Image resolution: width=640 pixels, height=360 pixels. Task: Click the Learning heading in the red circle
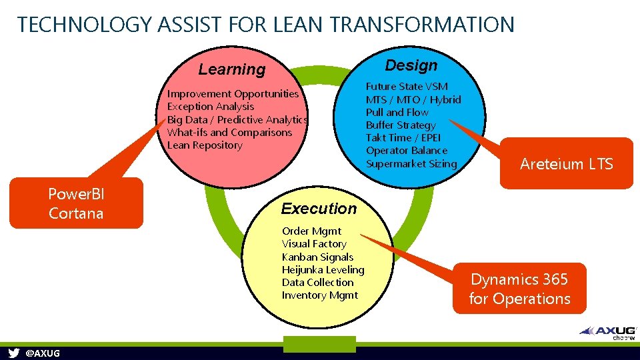click(x=232, y=69)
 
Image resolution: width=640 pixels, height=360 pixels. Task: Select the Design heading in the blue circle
click(x=411, y=65)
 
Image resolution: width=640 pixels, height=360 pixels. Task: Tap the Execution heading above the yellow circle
click(x=319, y=209)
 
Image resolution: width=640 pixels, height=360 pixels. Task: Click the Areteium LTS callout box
click(x=566, y=164)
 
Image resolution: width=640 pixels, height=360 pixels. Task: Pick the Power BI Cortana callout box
click(x=76, y=204)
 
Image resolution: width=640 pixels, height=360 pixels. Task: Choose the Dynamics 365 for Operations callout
click(x=519, y=289)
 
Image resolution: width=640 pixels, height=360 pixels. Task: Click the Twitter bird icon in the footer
click(x=13, y=353)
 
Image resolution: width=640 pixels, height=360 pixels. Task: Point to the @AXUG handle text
click(x=42, y=353)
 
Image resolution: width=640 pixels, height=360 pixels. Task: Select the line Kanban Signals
click(x=317, y=257)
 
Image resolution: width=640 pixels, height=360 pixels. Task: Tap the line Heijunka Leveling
click(x=323, y=269)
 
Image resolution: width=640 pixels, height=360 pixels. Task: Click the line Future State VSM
click(x=407, y=87)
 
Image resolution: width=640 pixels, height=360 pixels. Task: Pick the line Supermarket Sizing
click(x=411, y=163)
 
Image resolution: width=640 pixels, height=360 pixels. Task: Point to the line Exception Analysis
click(x=211, y=107)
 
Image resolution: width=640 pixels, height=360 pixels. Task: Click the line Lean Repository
click(x=205, y=145)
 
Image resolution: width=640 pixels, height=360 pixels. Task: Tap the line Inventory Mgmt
click(x=320, y=295)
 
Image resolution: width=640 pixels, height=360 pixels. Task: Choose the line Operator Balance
click(x=406, y=151)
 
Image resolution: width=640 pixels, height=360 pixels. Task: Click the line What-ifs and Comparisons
click(x=229, y=132)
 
